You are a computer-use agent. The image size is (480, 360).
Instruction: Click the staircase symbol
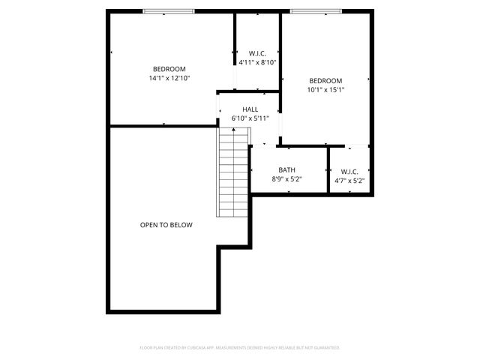coord(233,172)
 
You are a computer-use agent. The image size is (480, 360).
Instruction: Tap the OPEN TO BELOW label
coord(166,225)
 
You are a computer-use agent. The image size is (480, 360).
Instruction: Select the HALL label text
coord(250,109)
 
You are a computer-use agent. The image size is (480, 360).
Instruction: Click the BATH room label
coord(286,170)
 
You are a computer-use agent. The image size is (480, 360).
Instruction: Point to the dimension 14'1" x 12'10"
coord(169,77)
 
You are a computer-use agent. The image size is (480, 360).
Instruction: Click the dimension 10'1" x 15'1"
coord(325,90)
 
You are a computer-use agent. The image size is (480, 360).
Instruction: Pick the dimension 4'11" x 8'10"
coord(258,62)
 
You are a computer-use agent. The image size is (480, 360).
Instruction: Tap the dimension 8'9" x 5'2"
coord(286,179)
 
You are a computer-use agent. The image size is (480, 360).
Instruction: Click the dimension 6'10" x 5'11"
coord(250,118)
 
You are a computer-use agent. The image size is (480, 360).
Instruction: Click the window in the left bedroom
coord(169,11)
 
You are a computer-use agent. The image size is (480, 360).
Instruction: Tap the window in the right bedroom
coord(316,11)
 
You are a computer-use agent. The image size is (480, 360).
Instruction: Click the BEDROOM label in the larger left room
coord(169,68)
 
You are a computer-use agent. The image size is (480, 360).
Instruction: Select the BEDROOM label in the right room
coord(325,81)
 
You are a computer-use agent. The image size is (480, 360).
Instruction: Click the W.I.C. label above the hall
coord(258,53)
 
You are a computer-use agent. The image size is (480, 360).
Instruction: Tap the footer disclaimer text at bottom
coord(240,348)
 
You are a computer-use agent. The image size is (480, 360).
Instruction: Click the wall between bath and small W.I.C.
coord(328,170)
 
